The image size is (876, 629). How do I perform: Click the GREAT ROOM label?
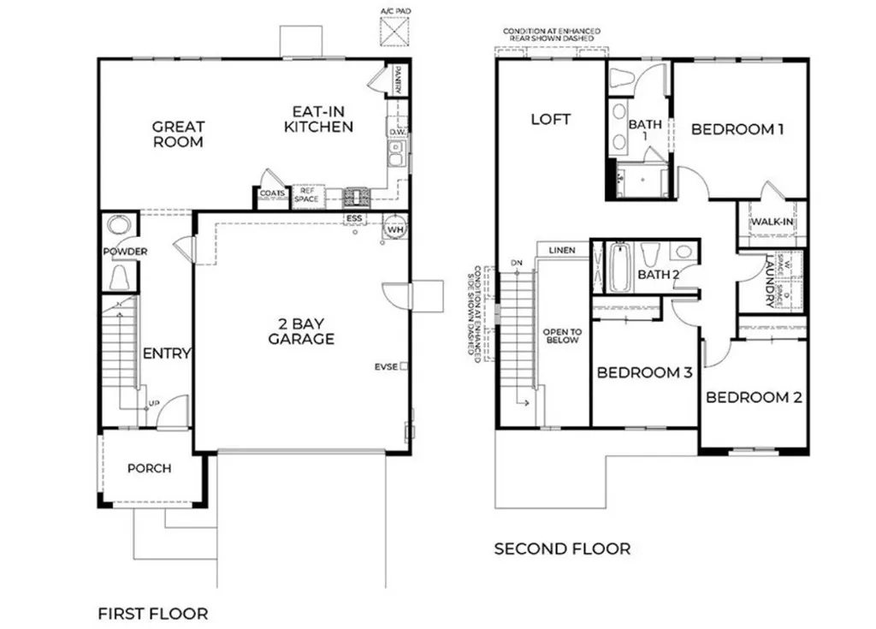(x=178, y=134)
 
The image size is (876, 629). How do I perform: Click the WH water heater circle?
(x=395, y=228)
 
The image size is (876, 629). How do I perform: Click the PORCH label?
(x=149, y=468)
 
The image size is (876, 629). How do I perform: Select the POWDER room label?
(x=125, y=252)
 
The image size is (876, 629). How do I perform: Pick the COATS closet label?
(x=273, y=195)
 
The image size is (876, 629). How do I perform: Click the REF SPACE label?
(x=308, y=195)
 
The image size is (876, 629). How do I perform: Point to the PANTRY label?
(x=399, y=80)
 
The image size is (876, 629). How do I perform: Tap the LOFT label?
(x=550, y=120)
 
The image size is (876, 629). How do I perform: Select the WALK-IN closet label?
(x=772, y=223)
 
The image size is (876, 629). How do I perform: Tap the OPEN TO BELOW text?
(x=562, y=335)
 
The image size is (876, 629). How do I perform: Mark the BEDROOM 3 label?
(x=643, y=373)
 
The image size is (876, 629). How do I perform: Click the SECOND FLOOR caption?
(x=562, y=549)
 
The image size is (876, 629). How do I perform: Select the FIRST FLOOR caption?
(x=152, y=614)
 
